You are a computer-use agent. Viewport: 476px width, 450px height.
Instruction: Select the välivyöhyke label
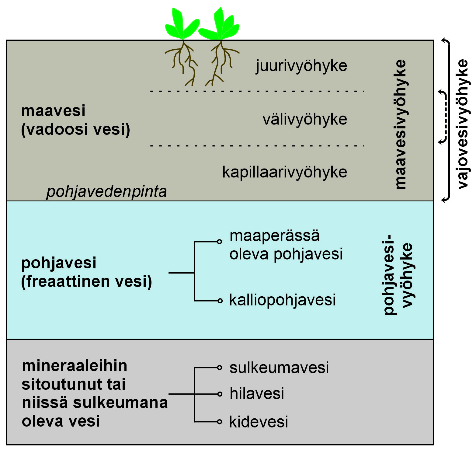[305, 119]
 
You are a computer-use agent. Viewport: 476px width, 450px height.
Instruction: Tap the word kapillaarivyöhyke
[285, 172]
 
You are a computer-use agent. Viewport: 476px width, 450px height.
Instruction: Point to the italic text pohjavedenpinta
[106, 192]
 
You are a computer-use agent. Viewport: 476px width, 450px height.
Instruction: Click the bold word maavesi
[53, 111]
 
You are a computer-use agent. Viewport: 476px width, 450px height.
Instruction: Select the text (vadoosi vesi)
[76, 129]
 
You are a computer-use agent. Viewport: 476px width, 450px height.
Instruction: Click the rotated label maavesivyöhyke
[401, 124]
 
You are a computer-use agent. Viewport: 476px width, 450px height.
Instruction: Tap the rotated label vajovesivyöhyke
[463, 124]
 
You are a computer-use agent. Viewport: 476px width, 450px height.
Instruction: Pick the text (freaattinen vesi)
[87, 281]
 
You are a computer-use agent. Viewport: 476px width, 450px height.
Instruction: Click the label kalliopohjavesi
[282, 300]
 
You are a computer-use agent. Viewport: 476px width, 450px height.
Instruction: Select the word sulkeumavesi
[279, 368]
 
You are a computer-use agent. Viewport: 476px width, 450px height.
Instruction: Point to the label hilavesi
[257, 394]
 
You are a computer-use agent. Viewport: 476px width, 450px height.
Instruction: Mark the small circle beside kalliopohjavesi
[220, 301]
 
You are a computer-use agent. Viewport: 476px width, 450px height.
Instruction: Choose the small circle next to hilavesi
[220, 394]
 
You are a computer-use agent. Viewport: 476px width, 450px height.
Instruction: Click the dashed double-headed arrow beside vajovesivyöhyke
[445, 117]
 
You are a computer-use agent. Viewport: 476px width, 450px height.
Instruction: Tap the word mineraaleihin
[75, 366]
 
